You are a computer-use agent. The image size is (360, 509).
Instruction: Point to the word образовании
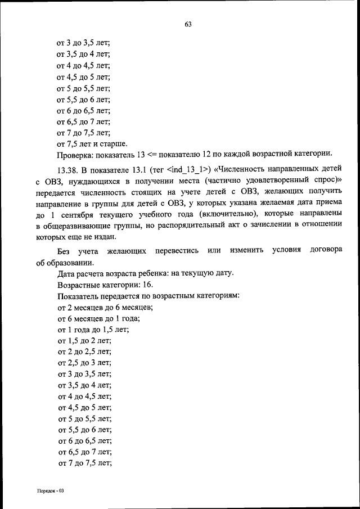coord(71,262)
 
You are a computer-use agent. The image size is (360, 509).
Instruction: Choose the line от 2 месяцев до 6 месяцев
coord(105,307)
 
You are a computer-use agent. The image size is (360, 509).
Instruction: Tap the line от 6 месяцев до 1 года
coord(98,318)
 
